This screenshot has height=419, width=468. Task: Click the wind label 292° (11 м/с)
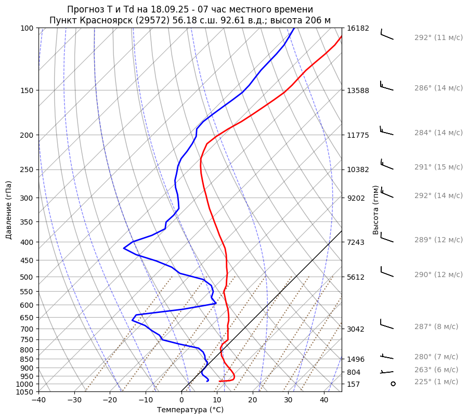click(438, 37)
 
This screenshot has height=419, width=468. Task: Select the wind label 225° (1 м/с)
click(436, 382)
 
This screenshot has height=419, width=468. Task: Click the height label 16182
click(358, 28)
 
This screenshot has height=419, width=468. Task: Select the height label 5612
click(356, 277)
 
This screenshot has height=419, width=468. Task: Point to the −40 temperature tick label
click(38, 400)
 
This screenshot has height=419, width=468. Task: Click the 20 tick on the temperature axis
click(253, 400)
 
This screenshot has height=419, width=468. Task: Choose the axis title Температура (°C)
click(190, 410)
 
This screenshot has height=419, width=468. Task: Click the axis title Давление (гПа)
click(9, 210)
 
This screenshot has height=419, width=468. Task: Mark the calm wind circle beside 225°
click(393, 384)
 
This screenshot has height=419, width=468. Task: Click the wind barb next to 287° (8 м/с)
click(387, 324)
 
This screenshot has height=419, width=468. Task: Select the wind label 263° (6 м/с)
click(436, 370)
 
